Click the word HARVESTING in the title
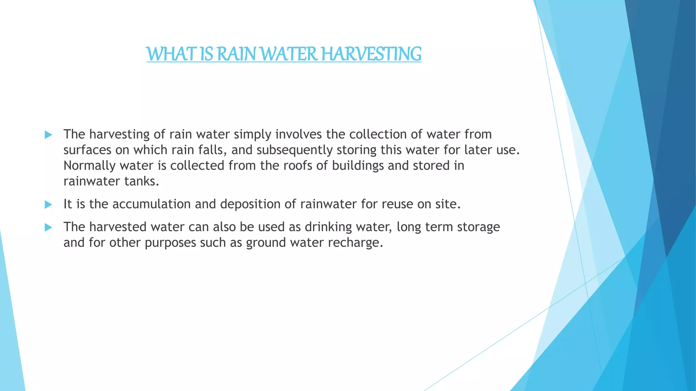click(x=371, y=54)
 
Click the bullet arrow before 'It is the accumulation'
click(x=48, y=205)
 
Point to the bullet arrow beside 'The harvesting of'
click(x=48, y=135)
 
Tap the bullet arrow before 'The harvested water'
click(x=48, y=227)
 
